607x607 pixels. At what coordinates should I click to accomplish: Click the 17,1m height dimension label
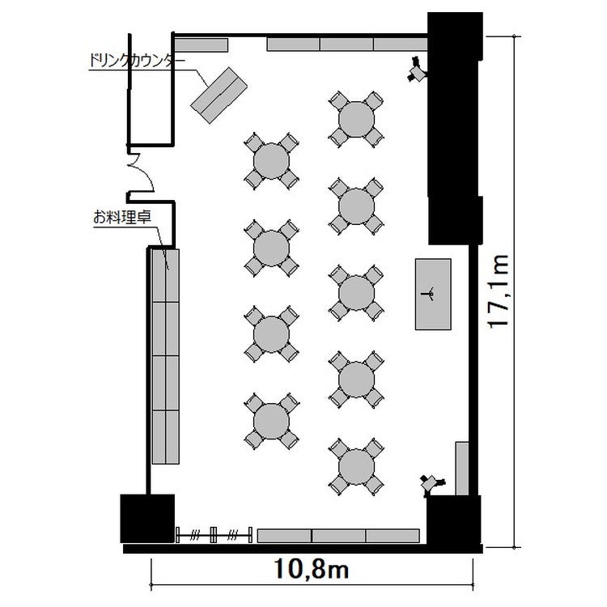pyautogui.click(x=498, y=291)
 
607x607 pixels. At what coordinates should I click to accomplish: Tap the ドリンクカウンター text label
pyautogui.click(x=137, y=61)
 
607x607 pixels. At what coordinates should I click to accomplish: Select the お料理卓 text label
pyautogui.click(x=122, y=217)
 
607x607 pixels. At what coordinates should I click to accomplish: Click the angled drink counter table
pyautogui.click(x=219, y=96)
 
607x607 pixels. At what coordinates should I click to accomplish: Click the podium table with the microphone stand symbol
pyautogui.click(x=433, y=295)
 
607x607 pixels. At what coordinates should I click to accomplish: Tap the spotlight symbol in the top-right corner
pyautogui.click(x=417, y=70)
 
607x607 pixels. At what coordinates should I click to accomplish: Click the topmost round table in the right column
pyautogui.click(x=356, y=119)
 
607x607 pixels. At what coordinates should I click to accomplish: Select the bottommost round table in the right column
pyautogui.click(x=356, y=466)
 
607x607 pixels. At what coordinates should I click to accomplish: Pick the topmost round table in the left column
pyautogui.click(x=271, y=161)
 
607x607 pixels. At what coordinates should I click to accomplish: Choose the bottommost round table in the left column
pyautogui.click(x=271, y=421)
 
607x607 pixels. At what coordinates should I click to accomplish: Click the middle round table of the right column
pyautogui.click(x=356, y=293)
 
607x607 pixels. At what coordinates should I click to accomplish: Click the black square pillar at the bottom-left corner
pyautogui.click(x=147, y=518)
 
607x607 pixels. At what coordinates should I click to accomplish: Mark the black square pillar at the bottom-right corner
pyautogui.click(x=454, y=520)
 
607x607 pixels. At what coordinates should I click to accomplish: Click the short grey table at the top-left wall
pyautogui.click(x=201, y=45)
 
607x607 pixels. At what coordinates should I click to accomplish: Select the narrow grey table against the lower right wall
pyautogui.click(x=462, y=469)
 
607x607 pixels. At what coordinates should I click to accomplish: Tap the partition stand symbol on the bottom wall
pyautogui.click(x=214, y=535)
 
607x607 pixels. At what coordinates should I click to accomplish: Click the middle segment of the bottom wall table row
pyautogui.click(x=339, y=536)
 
